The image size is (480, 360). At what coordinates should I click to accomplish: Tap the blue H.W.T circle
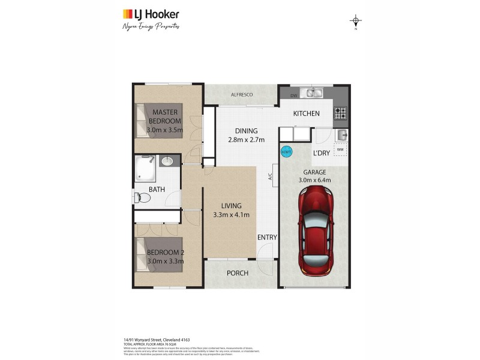pos(286,152)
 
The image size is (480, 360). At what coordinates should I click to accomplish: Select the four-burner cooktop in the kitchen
pos(341,112)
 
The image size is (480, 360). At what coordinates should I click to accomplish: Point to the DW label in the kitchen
pos(293,95)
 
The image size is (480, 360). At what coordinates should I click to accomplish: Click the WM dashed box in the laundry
pos(340,149)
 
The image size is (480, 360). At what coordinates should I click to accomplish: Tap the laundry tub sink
pos(341,134)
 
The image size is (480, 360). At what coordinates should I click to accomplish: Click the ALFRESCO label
pos(241,95)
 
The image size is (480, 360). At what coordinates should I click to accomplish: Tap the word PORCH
pos(237,273)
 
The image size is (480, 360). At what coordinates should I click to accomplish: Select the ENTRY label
pos(267,238)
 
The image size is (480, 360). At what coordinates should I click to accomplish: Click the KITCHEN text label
pos(306,114)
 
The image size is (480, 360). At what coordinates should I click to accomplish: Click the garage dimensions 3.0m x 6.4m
pos(314,179)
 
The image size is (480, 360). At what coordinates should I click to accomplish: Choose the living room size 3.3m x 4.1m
pos(230,215)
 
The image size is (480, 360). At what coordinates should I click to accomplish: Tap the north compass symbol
pos(356,22)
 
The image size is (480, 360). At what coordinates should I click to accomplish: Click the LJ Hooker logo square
pos(128,14)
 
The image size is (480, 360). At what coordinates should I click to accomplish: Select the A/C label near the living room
pos(271,177)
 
